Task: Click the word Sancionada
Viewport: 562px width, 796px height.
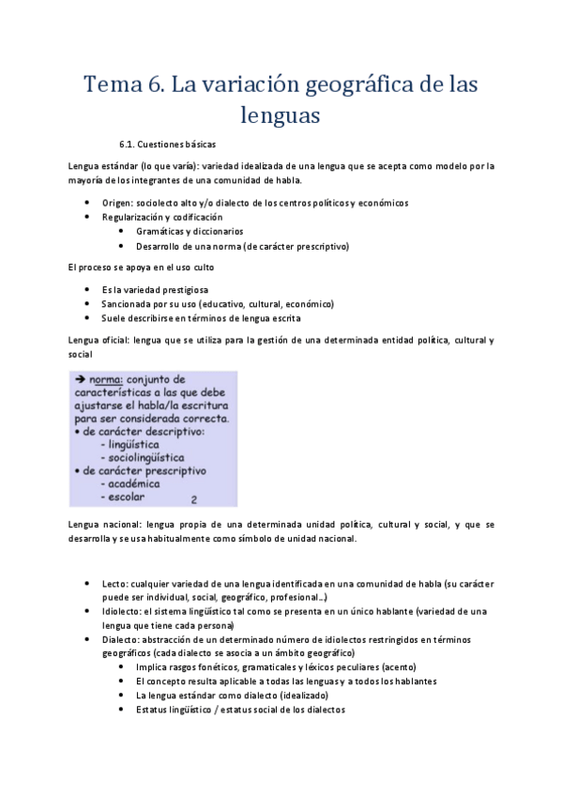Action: pos(128,304)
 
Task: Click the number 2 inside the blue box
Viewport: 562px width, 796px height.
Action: pos(193,500)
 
